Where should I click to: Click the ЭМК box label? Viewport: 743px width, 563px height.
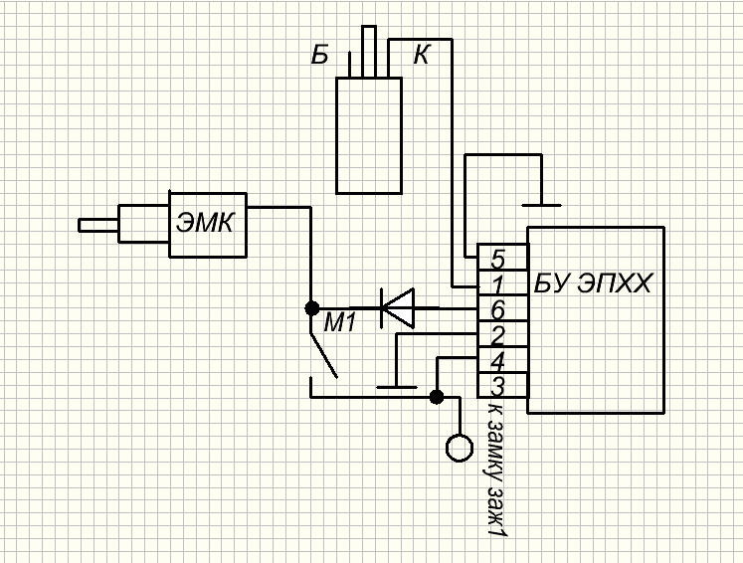click(x=205, y=222)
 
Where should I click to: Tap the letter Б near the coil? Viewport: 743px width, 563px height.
click(x=320, y=55)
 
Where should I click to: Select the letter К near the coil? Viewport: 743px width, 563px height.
click(x=422, y=55)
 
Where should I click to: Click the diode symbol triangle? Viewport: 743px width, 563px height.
click(x=398, y=308)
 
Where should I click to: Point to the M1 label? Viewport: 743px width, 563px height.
click(x=340, y=323)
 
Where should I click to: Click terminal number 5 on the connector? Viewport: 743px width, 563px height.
click(x=498, y=259)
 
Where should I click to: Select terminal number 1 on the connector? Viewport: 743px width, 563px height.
click(x=497, y=284)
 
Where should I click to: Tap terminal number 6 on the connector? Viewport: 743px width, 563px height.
click(x=498, y=310)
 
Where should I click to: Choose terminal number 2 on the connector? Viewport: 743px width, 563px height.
click(x=497, y=336)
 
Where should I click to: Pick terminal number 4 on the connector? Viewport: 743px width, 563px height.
click(x=497, y=362)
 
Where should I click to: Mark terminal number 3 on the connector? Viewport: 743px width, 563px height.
click(x=497, y=387)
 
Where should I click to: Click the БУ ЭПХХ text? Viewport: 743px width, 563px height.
click(x=593, y=283)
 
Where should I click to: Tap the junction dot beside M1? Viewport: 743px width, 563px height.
click(x=311, y=308)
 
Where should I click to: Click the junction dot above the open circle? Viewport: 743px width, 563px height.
click(x=437, y=397)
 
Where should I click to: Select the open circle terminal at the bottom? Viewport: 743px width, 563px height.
click(x=460, y=448)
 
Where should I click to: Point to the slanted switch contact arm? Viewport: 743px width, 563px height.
click(x=323, y=355)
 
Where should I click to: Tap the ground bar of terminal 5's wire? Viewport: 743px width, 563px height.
click(x=541, y=205)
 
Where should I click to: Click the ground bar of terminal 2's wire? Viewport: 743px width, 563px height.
click(x=397, y=387)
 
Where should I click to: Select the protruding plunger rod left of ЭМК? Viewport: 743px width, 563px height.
click(x=98, y=225)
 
